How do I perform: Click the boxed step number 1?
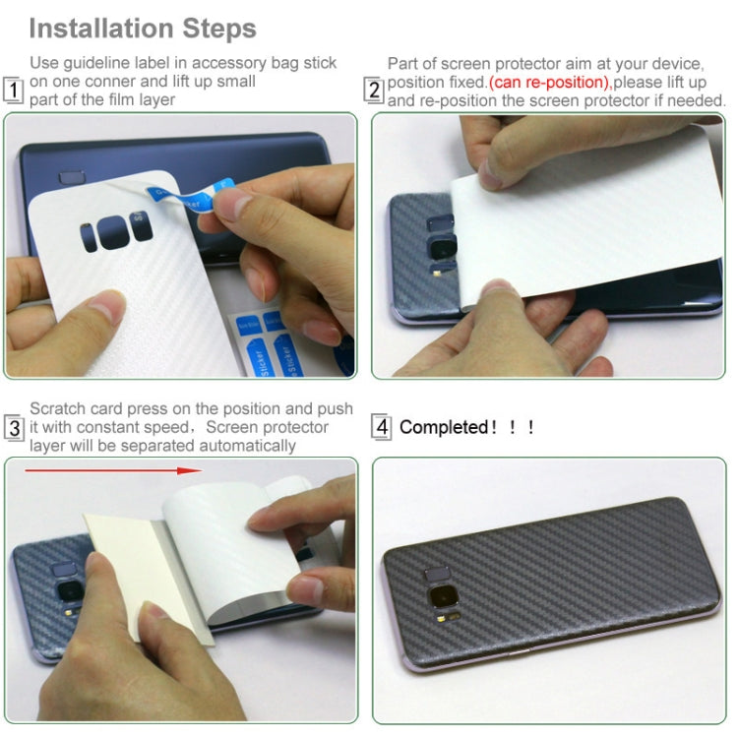[13, 91]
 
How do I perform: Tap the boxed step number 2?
[374, 91]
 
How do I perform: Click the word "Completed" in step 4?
[444, 427]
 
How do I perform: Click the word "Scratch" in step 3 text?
[57, 408]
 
